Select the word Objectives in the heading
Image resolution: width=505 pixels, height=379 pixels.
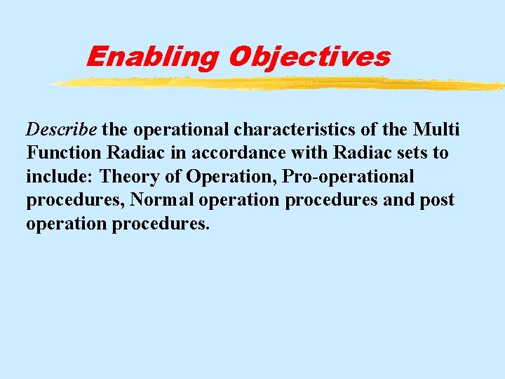click(x=309, y=56)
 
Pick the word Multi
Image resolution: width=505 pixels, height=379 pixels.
click(x=436, y=130)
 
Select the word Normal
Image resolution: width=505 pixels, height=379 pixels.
click(x=162, y=200)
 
